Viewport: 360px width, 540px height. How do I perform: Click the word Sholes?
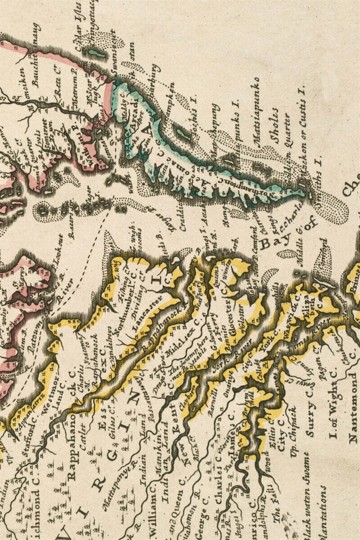click(275, 126)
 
